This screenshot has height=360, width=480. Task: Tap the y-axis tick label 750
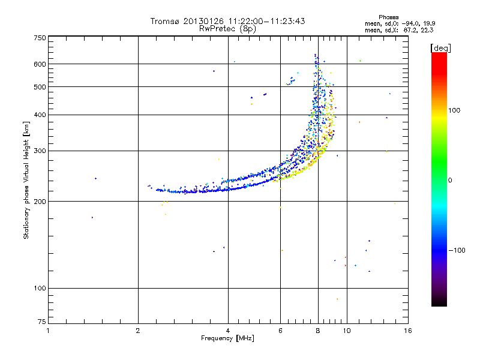40,38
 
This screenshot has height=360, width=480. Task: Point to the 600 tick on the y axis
40,64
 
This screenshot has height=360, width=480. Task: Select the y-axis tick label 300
40,151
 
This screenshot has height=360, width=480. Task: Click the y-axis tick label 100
40,289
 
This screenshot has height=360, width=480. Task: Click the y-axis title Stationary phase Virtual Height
26,180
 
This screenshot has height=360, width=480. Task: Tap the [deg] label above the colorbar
440,47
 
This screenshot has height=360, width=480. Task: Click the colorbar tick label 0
450,180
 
